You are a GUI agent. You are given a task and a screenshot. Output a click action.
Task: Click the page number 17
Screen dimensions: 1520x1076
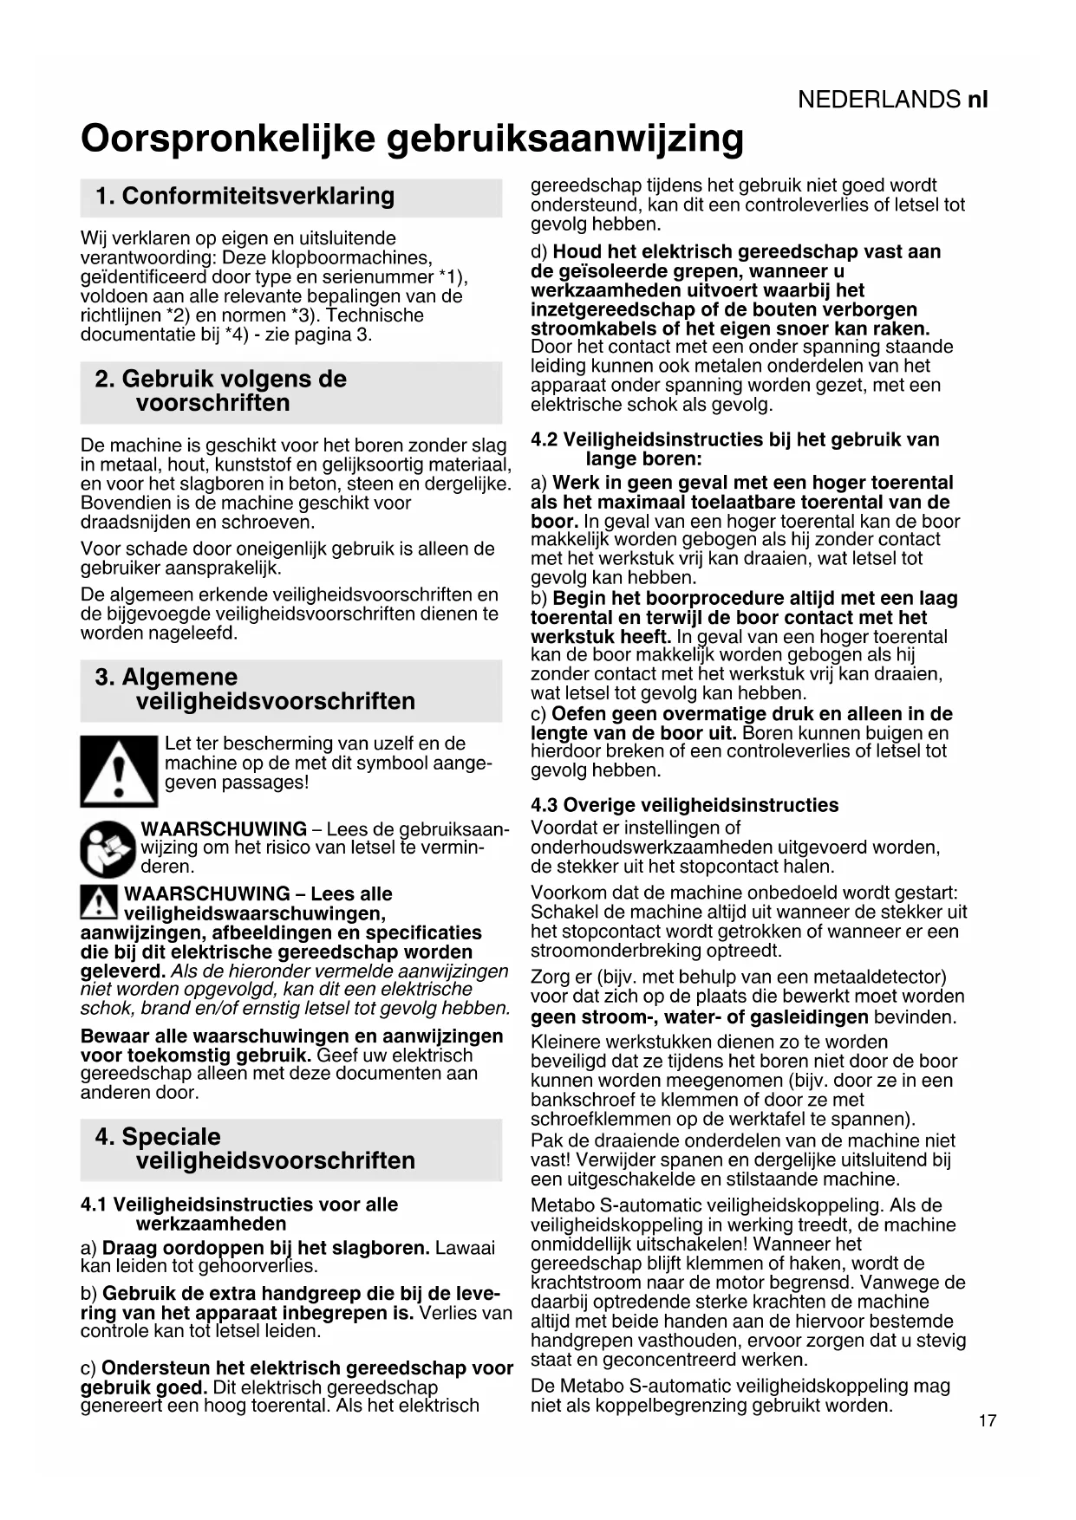[987, 1420]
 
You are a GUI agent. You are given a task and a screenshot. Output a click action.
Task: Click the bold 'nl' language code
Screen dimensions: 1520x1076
[977, 100]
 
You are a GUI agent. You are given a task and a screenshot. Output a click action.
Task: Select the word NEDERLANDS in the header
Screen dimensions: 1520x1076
[878, 100]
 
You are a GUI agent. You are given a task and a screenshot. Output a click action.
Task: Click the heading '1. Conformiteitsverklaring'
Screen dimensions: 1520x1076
[245, 196]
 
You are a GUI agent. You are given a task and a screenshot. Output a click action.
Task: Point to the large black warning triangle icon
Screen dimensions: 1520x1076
[119, 770]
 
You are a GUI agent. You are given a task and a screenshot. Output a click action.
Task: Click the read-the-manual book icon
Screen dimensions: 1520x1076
[108, 848]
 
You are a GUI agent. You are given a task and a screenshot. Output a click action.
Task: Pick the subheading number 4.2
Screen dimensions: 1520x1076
[545, 439]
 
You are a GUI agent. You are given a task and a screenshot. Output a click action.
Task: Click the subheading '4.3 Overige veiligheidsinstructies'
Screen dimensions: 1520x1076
[685, 805]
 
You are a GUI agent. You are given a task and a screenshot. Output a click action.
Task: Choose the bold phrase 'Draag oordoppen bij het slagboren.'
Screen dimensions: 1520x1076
[266, 1248]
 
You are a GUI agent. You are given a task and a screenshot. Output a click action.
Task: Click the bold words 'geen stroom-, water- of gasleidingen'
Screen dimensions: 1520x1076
[700, 1017]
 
